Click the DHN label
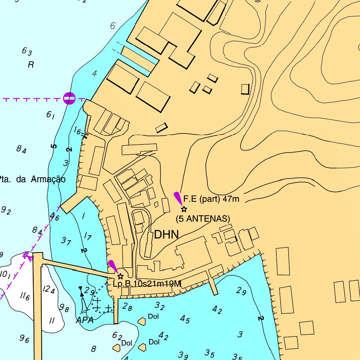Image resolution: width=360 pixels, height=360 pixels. tap(167, 234)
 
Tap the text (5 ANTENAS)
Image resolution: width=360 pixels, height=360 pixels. tap(203, 219)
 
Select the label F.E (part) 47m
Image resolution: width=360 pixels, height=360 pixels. tap(211, 199)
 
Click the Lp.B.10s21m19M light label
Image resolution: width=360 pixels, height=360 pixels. tap(147, 284)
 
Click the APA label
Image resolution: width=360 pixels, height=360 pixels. tap(85, 320)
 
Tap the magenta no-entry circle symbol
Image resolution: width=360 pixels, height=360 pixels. tap(69, 98)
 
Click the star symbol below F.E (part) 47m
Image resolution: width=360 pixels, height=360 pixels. tap(184, 209)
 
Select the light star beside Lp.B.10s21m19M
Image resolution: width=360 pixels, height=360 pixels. tap(121, 276)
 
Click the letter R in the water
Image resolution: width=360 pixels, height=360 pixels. tap(31, 65)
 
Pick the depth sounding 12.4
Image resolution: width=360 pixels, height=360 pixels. tap(49, 290)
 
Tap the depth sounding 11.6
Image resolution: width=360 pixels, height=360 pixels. tap(25, 297)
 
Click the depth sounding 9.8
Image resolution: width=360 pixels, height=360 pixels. tap(64, 308)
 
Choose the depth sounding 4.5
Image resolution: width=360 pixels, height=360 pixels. tap(185, 319)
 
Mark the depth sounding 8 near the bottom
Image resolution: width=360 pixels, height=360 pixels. tap(93, 349)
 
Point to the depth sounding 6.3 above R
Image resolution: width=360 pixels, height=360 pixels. tap(27, 52)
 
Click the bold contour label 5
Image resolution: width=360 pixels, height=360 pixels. tap(53, 146)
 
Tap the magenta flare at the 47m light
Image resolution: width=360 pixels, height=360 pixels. tap(179, 198)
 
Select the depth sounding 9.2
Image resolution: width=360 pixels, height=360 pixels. tap(6, 211)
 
